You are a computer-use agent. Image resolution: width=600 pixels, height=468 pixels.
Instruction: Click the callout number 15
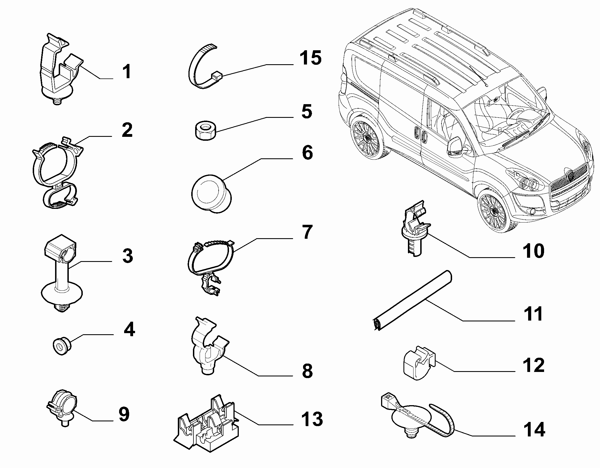click(311, 58)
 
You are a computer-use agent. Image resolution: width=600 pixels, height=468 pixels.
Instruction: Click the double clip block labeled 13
click(206, 419)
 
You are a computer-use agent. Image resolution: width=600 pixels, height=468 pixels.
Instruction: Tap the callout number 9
click(124, 414)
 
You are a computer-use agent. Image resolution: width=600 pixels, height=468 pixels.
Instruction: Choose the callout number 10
click(534, 250)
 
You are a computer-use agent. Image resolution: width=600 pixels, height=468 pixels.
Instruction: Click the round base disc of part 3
click(62, 295)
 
